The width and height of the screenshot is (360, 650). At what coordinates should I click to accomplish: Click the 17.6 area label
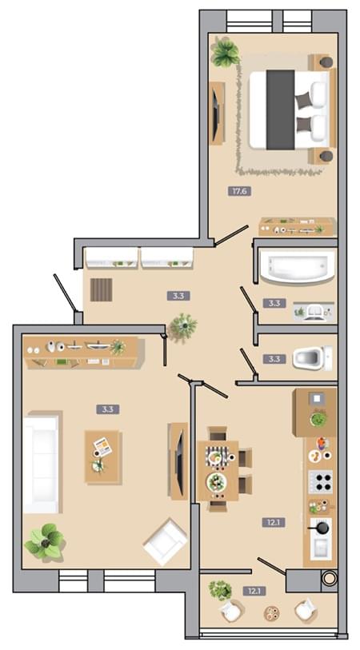(x=240, y=191)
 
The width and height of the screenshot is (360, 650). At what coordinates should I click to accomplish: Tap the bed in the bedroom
(x=291, y=110)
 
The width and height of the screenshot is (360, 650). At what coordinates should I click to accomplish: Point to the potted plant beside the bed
(x=226, y=52)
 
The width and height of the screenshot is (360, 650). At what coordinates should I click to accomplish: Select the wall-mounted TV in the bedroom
(x=216, y=114)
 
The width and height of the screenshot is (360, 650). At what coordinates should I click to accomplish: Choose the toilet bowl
(x=312, y=358)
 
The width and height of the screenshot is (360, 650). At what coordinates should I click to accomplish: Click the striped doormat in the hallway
(x=101, y=289)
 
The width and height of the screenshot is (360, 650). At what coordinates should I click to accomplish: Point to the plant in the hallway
(x=183, y=327)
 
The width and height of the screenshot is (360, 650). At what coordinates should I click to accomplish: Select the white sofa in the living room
(x=42, y=463)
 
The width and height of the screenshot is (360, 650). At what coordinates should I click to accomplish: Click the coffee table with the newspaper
(x=103, y=457)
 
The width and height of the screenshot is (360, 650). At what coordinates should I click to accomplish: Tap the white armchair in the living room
(x=166, y=542)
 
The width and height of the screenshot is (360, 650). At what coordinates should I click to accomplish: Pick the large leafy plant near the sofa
(x=44, y=541)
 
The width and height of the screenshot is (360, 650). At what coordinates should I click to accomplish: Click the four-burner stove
(x=321, y=481)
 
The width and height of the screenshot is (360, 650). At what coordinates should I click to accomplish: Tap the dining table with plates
(x=218, y=470)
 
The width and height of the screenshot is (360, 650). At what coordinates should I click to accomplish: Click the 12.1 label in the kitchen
(x=274, y=522)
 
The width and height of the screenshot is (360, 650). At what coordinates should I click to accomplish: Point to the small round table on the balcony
(x=272, y=613)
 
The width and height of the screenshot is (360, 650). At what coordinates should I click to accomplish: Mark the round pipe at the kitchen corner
(x=330, y=579)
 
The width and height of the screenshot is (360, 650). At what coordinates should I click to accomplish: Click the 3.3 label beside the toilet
(x=274, y=359)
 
